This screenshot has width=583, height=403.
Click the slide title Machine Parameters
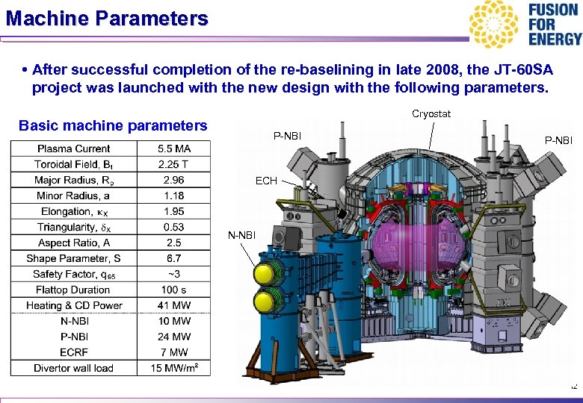[106, 18]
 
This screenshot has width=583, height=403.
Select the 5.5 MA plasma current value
[174, 149]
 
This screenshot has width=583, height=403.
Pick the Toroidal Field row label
[73, 164]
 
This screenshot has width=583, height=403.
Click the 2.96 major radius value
[173, 180]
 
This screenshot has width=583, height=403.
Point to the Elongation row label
[73, 211]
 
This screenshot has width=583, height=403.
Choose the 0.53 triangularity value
[173, 227]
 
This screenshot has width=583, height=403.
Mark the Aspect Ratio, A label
[73, 243]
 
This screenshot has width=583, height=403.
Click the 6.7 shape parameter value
[173, 258]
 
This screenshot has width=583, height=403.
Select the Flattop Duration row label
[73, 290]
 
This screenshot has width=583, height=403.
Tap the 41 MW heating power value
[173, 305]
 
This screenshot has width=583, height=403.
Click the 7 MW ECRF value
[173, 352]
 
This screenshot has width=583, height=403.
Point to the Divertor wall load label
[73, 368]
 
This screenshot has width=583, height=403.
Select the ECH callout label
[266, 181]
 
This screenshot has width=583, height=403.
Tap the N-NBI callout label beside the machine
[241, 236]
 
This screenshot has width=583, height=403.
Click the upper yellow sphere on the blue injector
[264, 271]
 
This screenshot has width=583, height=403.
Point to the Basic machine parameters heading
[112, 125]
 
